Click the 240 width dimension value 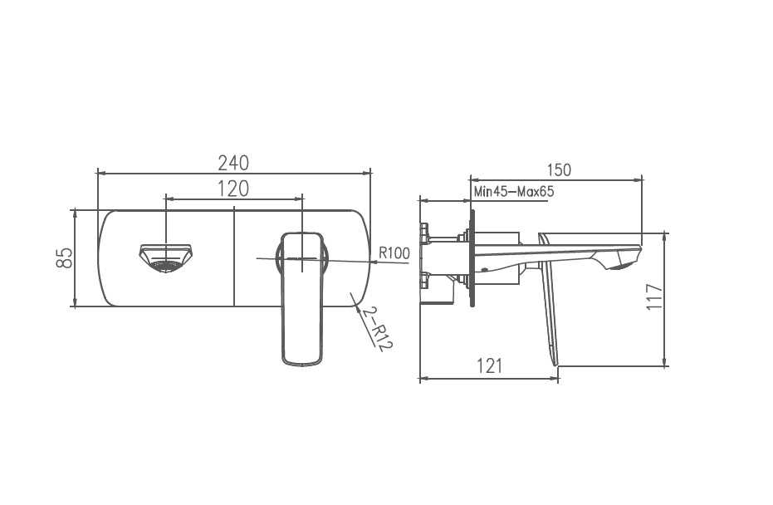point(233,162)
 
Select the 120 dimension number point(233,189)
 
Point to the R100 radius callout point(394,253)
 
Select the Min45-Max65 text point(513,192)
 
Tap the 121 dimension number point(489,366)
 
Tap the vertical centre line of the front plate point(235,257)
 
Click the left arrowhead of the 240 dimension point(101,173)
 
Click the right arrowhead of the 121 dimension point(555,378)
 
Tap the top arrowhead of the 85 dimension point(76,212)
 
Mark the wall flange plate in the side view point(472,257)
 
